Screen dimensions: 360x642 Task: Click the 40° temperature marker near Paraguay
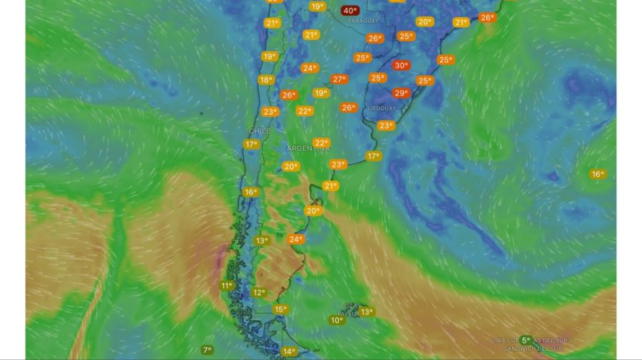(350, 10)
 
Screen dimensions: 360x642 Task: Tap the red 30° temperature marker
(401, 66)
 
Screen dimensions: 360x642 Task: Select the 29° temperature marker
(401, 93)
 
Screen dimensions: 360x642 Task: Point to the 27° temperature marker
(339, 79)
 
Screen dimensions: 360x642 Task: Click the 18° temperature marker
(265, 80)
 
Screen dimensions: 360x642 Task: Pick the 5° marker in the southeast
(526, 340)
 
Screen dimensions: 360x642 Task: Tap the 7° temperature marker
(207, 350)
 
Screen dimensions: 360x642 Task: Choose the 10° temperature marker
(337, 320)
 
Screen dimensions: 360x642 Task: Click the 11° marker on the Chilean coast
(227, 286)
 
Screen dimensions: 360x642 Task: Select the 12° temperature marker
(258, 292)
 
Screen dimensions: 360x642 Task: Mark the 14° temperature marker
(289, 351)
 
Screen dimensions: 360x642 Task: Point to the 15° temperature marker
(280, 309)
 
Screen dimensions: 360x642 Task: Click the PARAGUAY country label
(363, 21)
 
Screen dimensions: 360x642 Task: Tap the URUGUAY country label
(382, 108)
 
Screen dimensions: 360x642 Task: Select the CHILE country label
(260, 132)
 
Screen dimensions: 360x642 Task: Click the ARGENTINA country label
(308, 148)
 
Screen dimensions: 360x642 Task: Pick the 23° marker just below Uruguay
(386, 125)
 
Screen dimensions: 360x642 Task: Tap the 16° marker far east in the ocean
(597, 174)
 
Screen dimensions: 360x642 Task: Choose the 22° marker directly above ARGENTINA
(321, 143)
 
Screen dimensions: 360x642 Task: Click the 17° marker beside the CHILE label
(250, 144)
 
